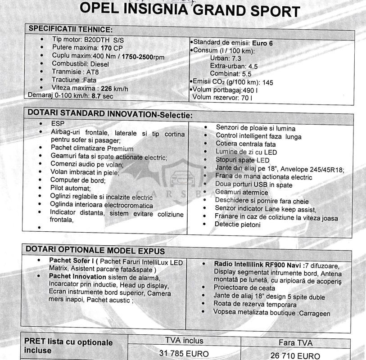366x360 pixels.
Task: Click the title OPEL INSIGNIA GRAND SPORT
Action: click(190, 10)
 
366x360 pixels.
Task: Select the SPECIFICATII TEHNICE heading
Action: click(70, 29)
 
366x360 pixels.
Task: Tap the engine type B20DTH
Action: click(100, 40)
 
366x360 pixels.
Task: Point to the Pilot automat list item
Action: click(71, 188)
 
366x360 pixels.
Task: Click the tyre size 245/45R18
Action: click(323, 169)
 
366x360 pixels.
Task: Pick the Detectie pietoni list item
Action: click(237, 224)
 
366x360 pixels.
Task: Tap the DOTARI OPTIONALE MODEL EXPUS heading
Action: click(95, 250)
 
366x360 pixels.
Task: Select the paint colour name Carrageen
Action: click(314, 313)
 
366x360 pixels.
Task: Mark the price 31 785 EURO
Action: click(184, 354)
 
